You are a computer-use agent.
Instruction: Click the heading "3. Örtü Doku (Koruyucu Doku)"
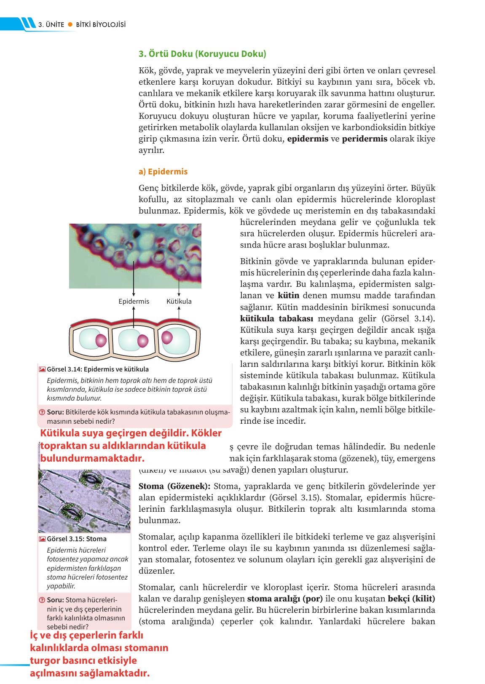pyautogui.click(x=202, y=54)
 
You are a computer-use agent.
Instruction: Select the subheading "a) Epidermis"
pyautogui.click(x=163, y=172)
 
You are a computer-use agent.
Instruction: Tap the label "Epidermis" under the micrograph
pyautogui.click(x=134, y=301)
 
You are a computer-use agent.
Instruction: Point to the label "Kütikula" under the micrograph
pyautogui.click(x=179, y=301)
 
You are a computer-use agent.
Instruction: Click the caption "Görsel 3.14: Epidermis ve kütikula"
pyautogui.click(x=98, y=369)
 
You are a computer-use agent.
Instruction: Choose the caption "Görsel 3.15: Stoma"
pyautogui.click(x=77, y=539)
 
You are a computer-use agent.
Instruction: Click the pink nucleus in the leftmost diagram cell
pyautogui.click(x=101, y=340)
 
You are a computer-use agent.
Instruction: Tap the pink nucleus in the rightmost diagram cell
pyautogui.click(x=167, y=337)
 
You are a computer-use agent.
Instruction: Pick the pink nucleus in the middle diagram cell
pyautogui.click(x=143, y=341)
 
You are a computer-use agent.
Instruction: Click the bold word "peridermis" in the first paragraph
pyautogui.click(x=364, y=139)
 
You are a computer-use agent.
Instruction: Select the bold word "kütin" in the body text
pyautogui.click(x=288, y=296)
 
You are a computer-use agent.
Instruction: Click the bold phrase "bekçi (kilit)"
pyautogui.click(x=411, y=599)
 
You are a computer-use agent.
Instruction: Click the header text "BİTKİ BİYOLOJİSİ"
pyautogui.click(x=101, y=25)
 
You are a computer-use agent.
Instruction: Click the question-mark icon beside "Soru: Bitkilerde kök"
pyautogui.click(x=42, y=412)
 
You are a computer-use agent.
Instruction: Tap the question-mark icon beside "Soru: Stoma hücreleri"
pyautogui.click(x=42, y=600)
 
